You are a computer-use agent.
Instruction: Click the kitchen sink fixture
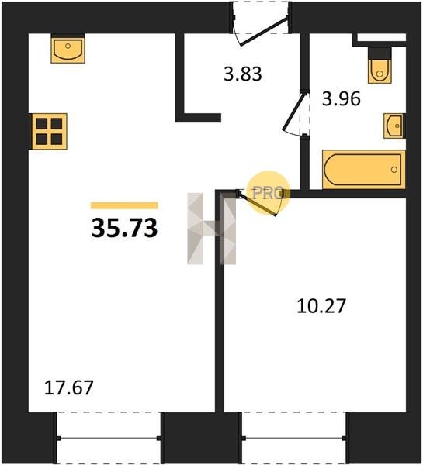(x=68, y=48)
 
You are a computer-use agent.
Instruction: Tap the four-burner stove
(x=50, y=131)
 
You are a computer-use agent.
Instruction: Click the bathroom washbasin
(x=394, y=126)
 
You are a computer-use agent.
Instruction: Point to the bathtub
(x=364, y=170)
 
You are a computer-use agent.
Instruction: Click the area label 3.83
(x=243, y=74)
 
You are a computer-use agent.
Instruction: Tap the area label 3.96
(x=342, y=98)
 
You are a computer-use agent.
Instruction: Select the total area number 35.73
(x=124, y=228)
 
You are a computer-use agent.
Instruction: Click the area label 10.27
(x=321, y=306)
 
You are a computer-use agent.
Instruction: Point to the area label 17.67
(x=68, y=388)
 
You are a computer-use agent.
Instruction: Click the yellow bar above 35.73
(x=124, y=205)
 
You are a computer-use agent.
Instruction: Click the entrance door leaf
(x=263, y=32)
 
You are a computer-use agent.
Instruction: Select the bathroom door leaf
(x=293, y=112)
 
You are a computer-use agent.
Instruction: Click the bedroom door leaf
(x=257, y=204)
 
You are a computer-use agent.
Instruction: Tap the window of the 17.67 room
(x=109, y=438)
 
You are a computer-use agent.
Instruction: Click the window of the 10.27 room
(x=294, y=438)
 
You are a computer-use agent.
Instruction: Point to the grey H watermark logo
(x=211, y=229)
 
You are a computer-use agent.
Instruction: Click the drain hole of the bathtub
(x=394, y=170)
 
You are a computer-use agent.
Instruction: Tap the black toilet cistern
(x=380, y=53)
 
